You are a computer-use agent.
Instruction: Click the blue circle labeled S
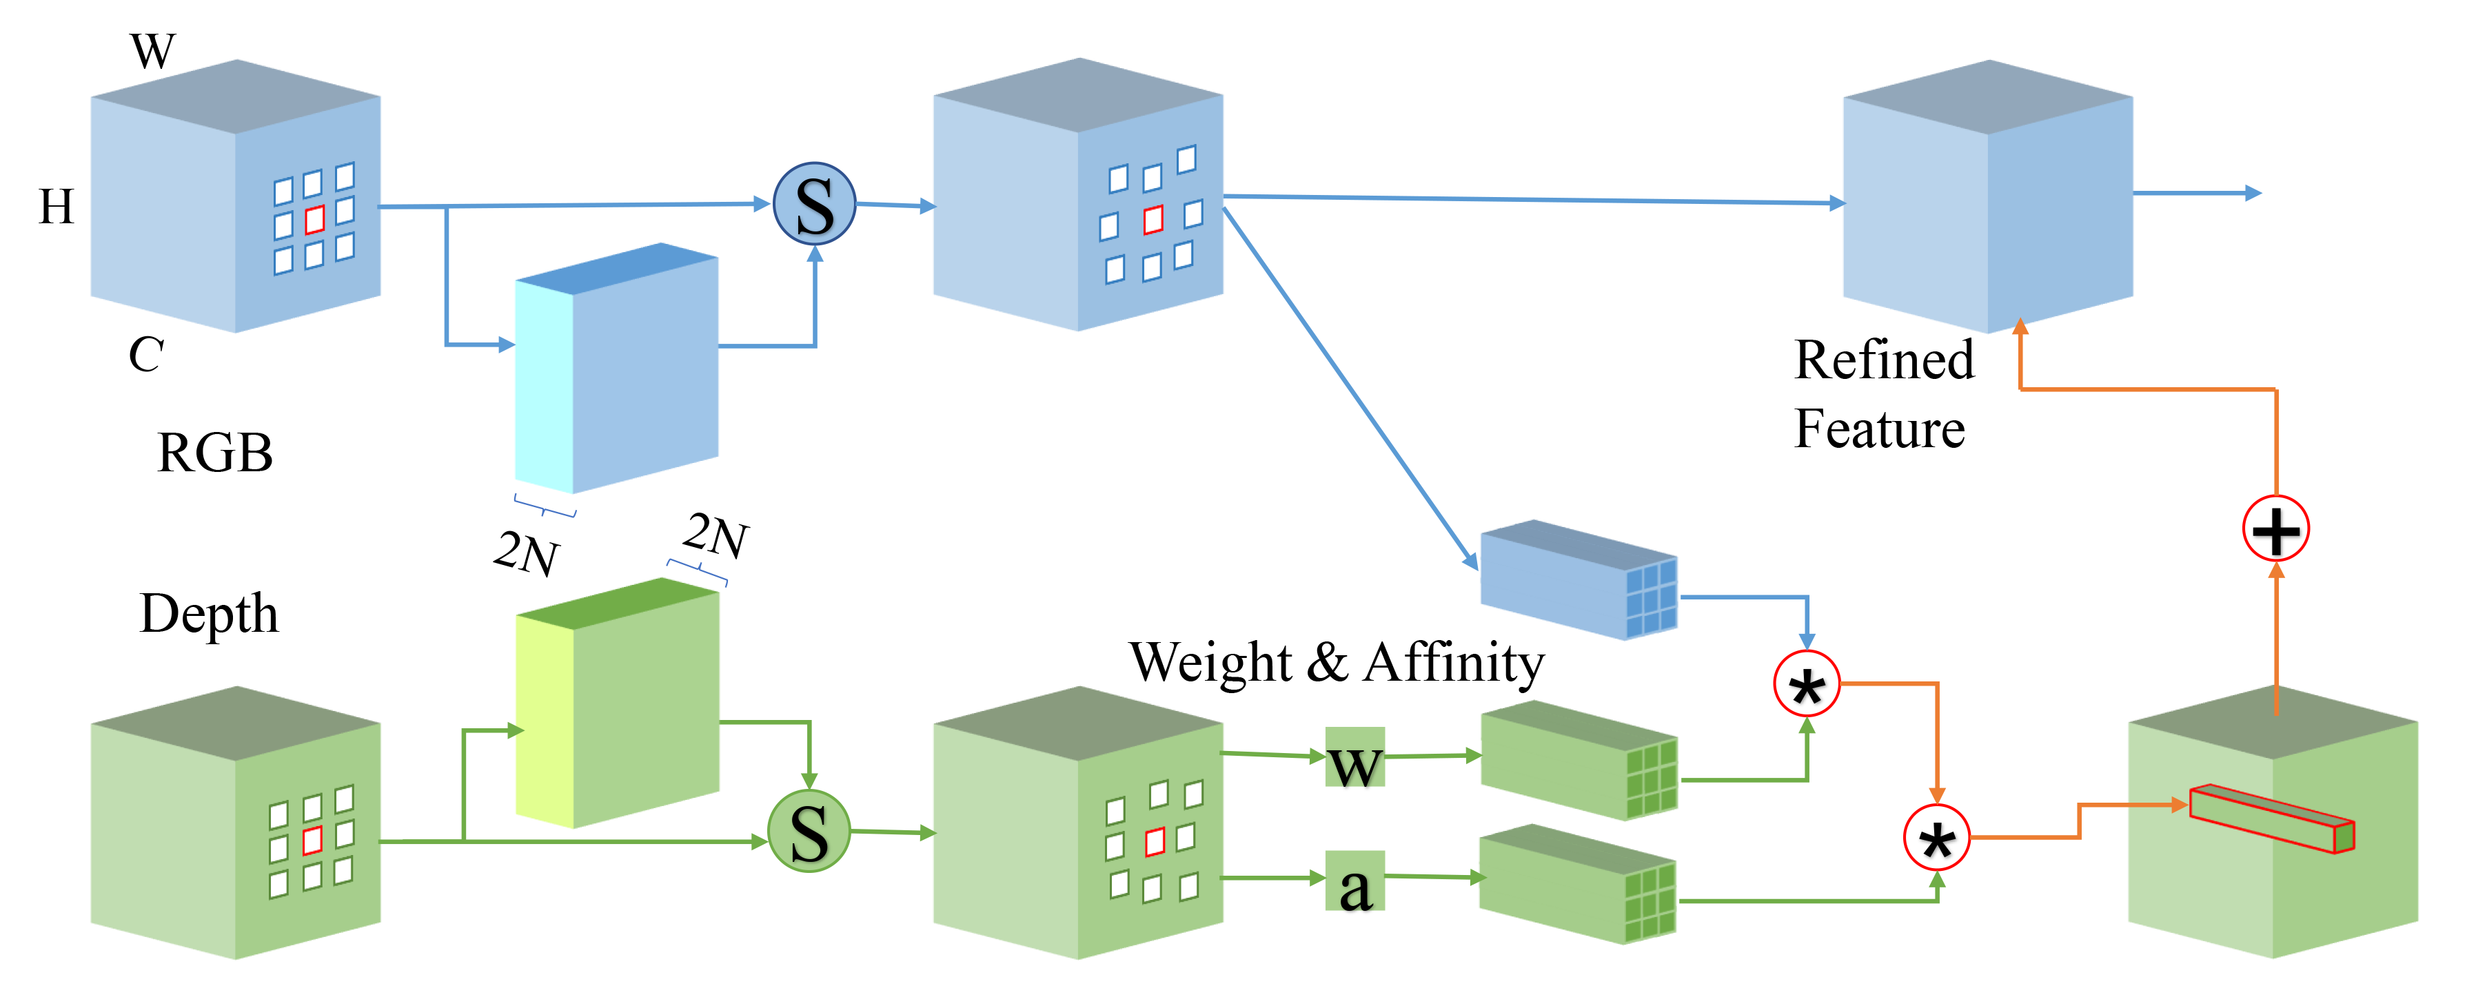pyautogui.click(x=814, y=204)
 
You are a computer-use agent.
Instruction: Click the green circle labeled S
pyautogui.click(x=809, y=832)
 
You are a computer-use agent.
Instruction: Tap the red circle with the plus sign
pyautogui.click(x=2275, y=528)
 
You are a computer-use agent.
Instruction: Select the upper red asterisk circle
pyautogui.click(x=1806, y=684)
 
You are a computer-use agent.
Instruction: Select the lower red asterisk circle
pyautogui.click(x=1937, y=838)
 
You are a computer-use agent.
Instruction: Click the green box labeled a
pyautogui.click(x=1354, y=883)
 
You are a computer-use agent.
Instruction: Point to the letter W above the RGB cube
pyautogui.click(x=153, y=51)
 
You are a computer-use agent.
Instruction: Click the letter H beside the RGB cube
pyautogui.click(x=56, y=207)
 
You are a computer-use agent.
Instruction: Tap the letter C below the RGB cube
pyautogui.click(x=146, y=355)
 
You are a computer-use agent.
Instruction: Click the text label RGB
pyautogui.click(x=214, y=453)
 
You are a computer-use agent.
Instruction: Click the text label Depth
pyautogui.click(x=209, y=614)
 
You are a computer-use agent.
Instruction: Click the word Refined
pyautogui.click(x=1883, y=360)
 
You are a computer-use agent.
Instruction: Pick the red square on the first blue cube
pyautogui.click(x=314, y=219)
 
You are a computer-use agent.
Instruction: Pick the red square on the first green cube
pyautogui.click(x=312, y=841)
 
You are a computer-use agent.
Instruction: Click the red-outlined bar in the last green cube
pyautogui.click(x=2271, y=819)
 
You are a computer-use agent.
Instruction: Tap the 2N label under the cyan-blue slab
pyautogui.click(x=527, y=553)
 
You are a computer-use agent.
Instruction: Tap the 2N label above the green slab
pyautogui.click(x=716, y=535)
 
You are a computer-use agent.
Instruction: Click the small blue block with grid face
pyautogui.click(x=1579, y=579)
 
